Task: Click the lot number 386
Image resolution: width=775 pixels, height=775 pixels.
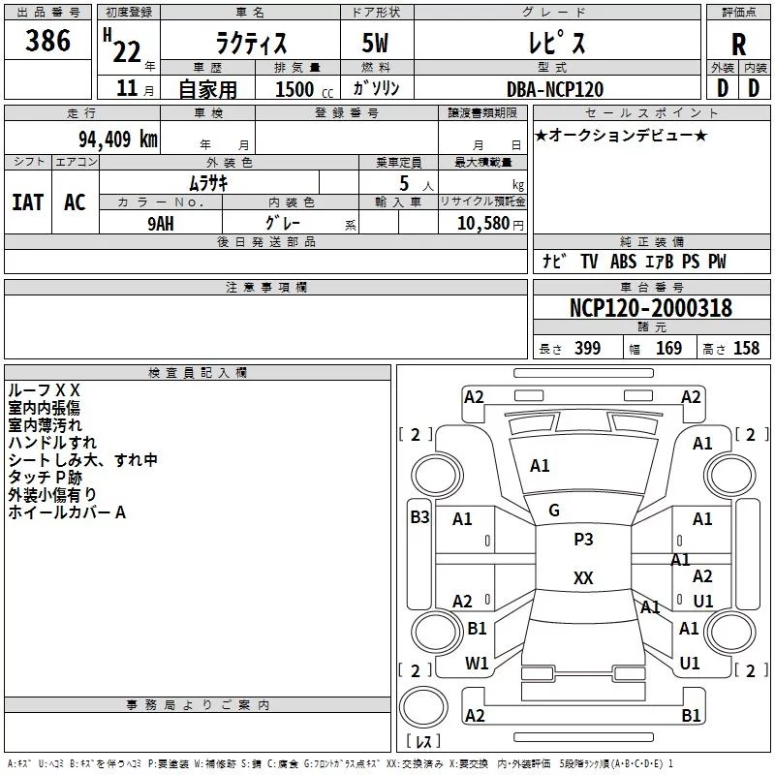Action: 47,40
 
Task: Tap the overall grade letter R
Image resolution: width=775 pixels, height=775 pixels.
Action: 738,45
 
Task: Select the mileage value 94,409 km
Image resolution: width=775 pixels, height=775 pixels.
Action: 117,139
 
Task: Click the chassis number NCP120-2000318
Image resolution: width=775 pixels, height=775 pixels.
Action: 650,307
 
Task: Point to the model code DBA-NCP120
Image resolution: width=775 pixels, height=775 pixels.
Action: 555,89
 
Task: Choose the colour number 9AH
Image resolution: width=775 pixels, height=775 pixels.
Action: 161,224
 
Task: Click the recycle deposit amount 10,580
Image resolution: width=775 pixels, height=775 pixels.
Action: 483,224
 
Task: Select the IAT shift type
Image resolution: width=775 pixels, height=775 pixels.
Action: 28,202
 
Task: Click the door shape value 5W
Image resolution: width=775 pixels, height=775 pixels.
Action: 376,43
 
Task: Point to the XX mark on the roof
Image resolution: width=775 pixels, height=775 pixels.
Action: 583,577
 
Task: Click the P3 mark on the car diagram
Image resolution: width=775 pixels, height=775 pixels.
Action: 583,539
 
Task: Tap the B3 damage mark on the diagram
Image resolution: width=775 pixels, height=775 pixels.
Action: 419,517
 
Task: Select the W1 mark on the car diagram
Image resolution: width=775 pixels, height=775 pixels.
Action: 477,664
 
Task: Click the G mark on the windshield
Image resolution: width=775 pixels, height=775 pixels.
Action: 554,511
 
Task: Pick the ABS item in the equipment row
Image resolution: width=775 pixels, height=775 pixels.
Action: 623,262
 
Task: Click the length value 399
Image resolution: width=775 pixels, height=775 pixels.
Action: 587,348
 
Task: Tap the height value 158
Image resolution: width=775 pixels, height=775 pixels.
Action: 746,348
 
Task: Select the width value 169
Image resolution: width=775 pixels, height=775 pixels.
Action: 668,348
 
